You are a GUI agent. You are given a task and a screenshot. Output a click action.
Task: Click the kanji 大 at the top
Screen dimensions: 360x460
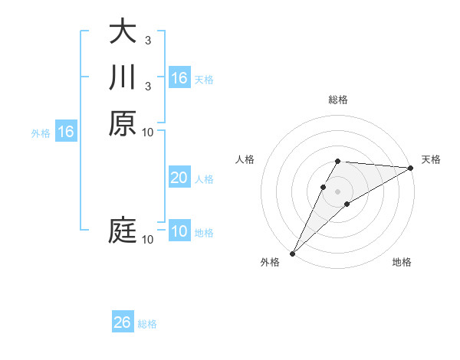pyautogui.click(x=122, y=32)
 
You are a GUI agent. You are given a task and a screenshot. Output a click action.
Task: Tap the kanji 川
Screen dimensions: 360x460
pyautogui.click(x=122, y=77)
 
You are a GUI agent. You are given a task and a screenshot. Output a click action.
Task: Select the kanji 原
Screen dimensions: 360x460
pyautogui.click(x=122, y=123)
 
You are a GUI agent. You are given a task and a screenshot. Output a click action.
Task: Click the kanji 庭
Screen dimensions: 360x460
pyautogui.click(x=122, y=231)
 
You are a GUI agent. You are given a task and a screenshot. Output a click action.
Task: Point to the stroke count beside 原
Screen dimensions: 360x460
pyautogui.click(x=148, y=132)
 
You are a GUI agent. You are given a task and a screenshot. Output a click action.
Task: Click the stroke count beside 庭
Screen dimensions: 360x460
pyautogui.click(x=148, y=240)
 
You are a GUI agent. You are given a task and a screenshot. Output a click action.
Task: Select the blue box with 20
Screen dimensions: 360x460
pyautogui.click(x=179, y=178)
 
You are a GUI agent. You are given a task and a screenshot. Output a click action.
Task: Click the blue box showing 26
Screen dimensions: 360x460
pyautogui.click(x=122, y=322)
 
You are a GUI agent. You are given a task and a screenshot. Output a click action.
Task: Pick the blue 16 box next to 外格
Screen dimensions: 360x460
pyautogui.click(x=66, y=133)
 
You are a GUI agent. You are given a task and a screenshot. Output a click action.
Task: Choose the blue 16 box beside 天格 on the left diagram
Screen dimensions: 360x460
pyautogui.click(x=179, y=78)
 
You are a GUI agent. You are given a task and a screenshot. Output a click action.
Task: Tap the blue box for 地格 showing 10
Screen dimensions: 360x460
pyautogui.click(x=179, y=232)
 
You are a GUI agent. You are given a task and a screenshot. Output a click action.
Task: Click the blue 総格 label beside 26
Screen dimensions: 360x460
pyautogui.click(x=147, y=324)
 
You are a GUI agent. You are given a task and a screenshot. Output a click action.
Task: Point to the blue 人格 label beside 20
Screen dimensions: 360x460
pyautogui.click(x=204, y=179)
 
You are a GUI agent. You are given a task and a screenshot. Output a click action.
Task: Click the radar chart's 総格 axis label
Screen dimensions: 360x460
pyautogui.click(x=337, y=100)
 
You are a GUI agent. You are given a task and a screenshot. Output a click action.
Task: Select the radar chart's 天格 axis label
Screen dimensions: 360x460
pyautogui.click(x=431, y=159)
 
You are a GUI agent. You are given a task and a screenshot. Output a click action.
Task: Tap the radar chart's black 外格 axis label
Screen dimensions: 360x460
pyautogui.click(x=270, y=262)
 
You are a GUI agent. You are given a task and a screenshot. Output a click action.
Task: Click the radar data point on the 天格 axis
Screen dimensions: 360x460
pyautogui.click(x=410, y=168)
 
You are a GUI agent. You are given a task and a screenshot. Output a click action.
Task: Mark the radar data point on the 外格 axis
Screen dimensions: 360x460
pyautogui.click(x=292, y=253)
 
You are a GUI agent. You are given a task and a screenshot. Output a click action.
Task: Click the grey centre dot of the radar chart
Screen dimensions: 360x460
pyautogui.click(x=337, y=191)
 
